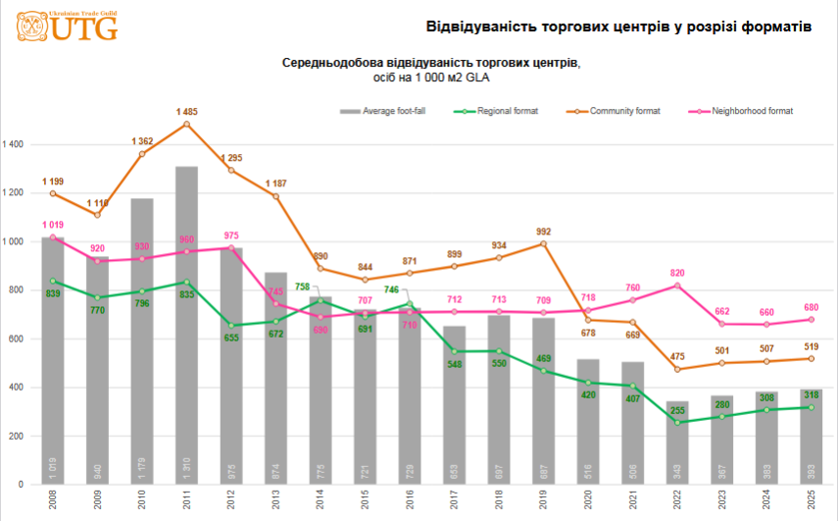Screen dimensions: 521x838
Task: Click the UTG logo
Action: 68,26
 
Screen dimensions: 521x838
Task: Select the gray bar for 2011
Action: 186,324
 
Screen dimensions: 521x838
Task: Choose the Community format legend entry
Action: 623,111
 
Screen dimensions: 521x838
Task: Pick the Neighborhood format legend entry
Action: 751,111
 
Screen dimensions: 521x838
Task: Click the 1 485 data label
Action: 187,112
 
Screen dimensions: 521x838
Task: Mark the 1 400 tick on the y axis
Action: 15,145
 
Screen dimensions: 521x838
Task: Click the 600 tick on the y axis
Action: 18,339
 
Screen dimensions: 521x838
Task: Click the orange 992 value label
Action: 544,232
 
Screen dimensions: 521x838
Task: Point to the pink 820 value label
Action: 677,273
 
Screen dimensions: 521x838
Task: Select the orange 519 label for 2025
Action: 812,345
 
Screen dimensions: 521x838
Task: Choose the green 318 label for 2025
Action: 812,394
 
